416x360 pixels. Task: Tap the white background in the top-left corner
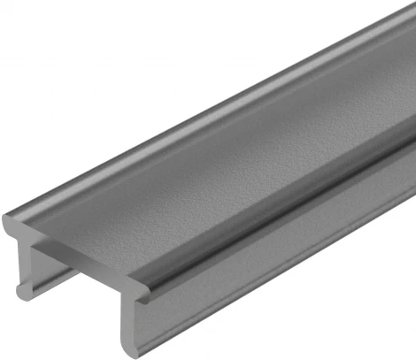click(35, 35)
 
